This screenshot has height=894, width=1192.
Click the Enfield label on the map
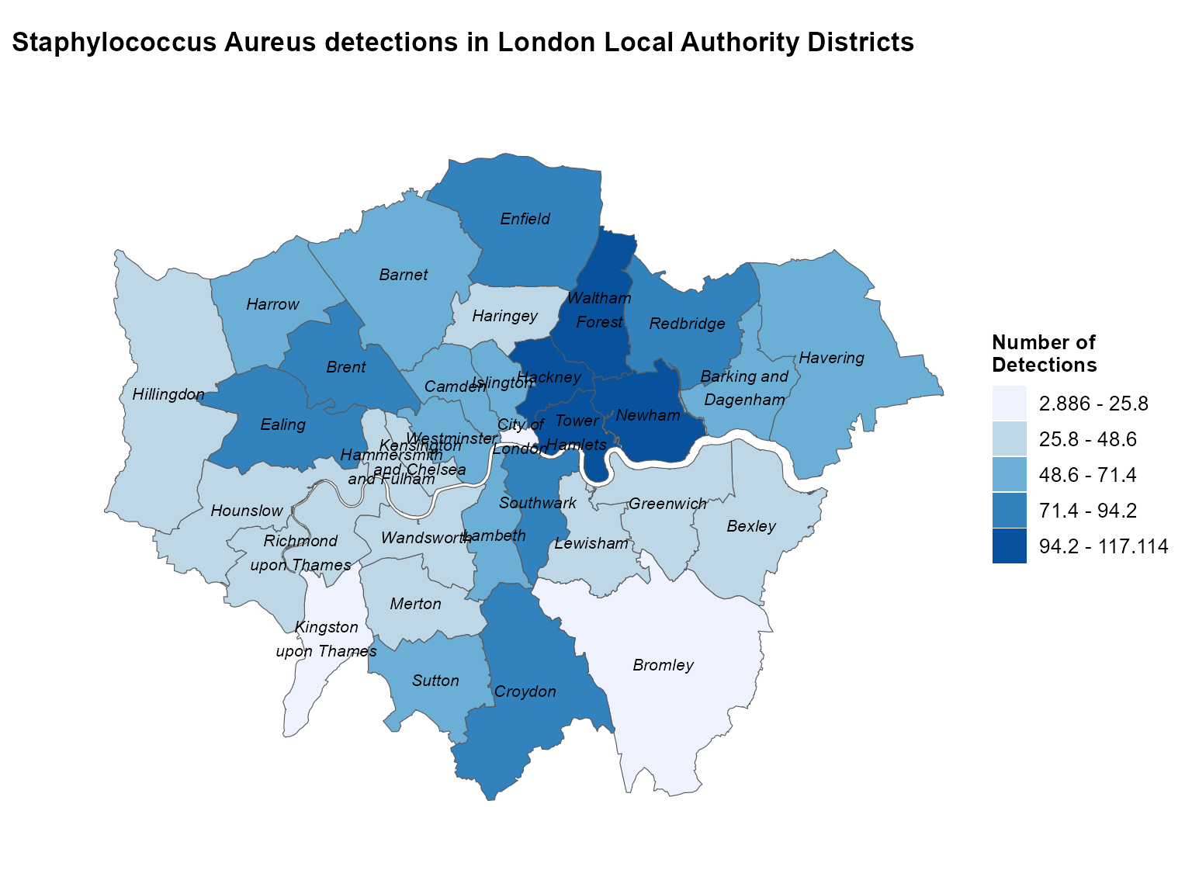[x=525, y=219]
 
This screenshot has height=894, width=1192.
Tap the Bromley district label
[x=663, y=665]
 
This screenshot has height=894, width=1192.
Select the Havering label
[x=831, y=358]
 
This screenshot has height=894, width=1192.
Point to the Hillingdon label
[x=168, y=394]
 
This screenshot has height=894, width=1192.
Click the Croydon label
[x=525, y=691]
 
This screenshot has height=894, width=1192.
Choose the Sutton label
[x=435, y=681]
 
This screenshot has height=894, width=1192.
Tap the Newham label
[x=648, y=415]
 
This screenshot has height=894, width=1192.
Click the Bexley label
[x=751, y=526]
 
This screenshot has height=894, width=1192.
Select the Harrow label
[x=272, y=304]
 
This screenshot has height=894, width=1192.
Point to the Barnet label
[x=404, y=275]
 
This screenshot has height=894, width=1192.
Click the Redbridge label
[x=687, y=324]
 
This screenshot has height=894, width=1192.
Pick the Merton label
[x=415, y=604]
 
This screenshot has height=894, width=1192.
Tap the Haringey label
[x=504, y=316]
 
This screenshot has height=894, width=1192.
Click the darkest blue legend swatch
[x=1009, y=546]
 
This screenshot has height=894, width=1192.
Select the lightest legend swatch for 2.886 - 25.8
[x=1009, y=404]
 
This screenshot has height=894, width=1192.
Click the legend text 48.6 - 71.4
[x=1087, y=475]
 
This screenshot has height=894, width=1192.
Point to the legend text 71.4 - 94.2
[x=1087, y=511]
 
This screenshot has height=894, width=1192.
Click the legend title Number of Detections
[x=1044, y=354]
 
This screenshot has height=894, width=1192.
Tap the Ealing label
[x=282, y=424]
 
